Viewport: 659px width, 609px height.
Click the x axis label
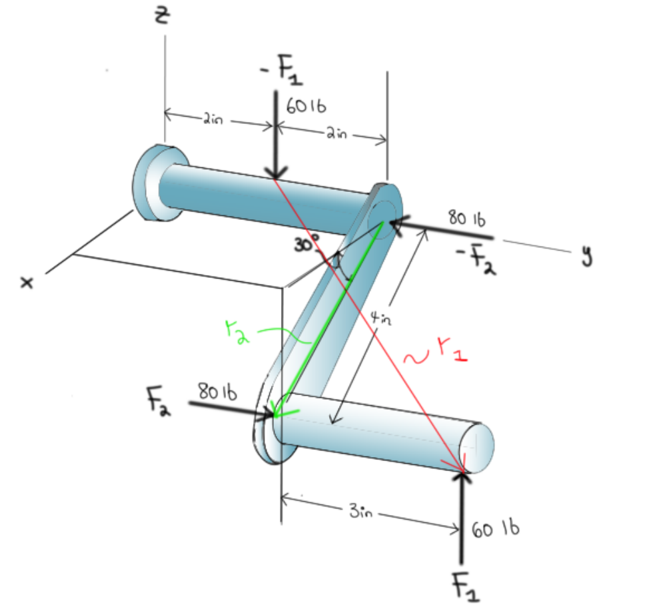point(27,283)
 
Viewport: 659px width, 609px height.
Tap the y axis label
point(587,255)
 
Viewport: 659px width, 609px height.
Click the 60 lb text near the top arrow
point(306,106)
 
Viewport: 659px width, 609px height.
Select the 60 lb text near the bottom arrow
point(496,530)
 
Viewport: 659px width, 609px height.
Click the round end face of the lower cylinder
point(480,444)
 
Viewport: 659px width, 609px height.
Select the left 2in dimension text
point(214,121)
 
